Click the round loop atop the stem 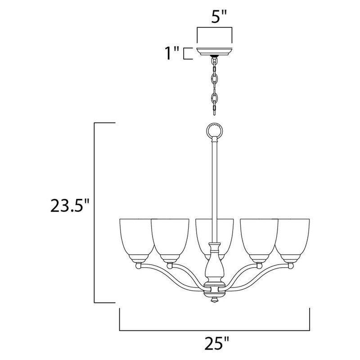point(215,131)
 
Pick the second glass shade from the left point(170,238)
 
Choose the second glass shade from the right point(259,238)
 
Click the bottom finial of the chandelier point(215,298)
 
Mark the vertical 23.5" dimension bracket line point(94,212)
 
